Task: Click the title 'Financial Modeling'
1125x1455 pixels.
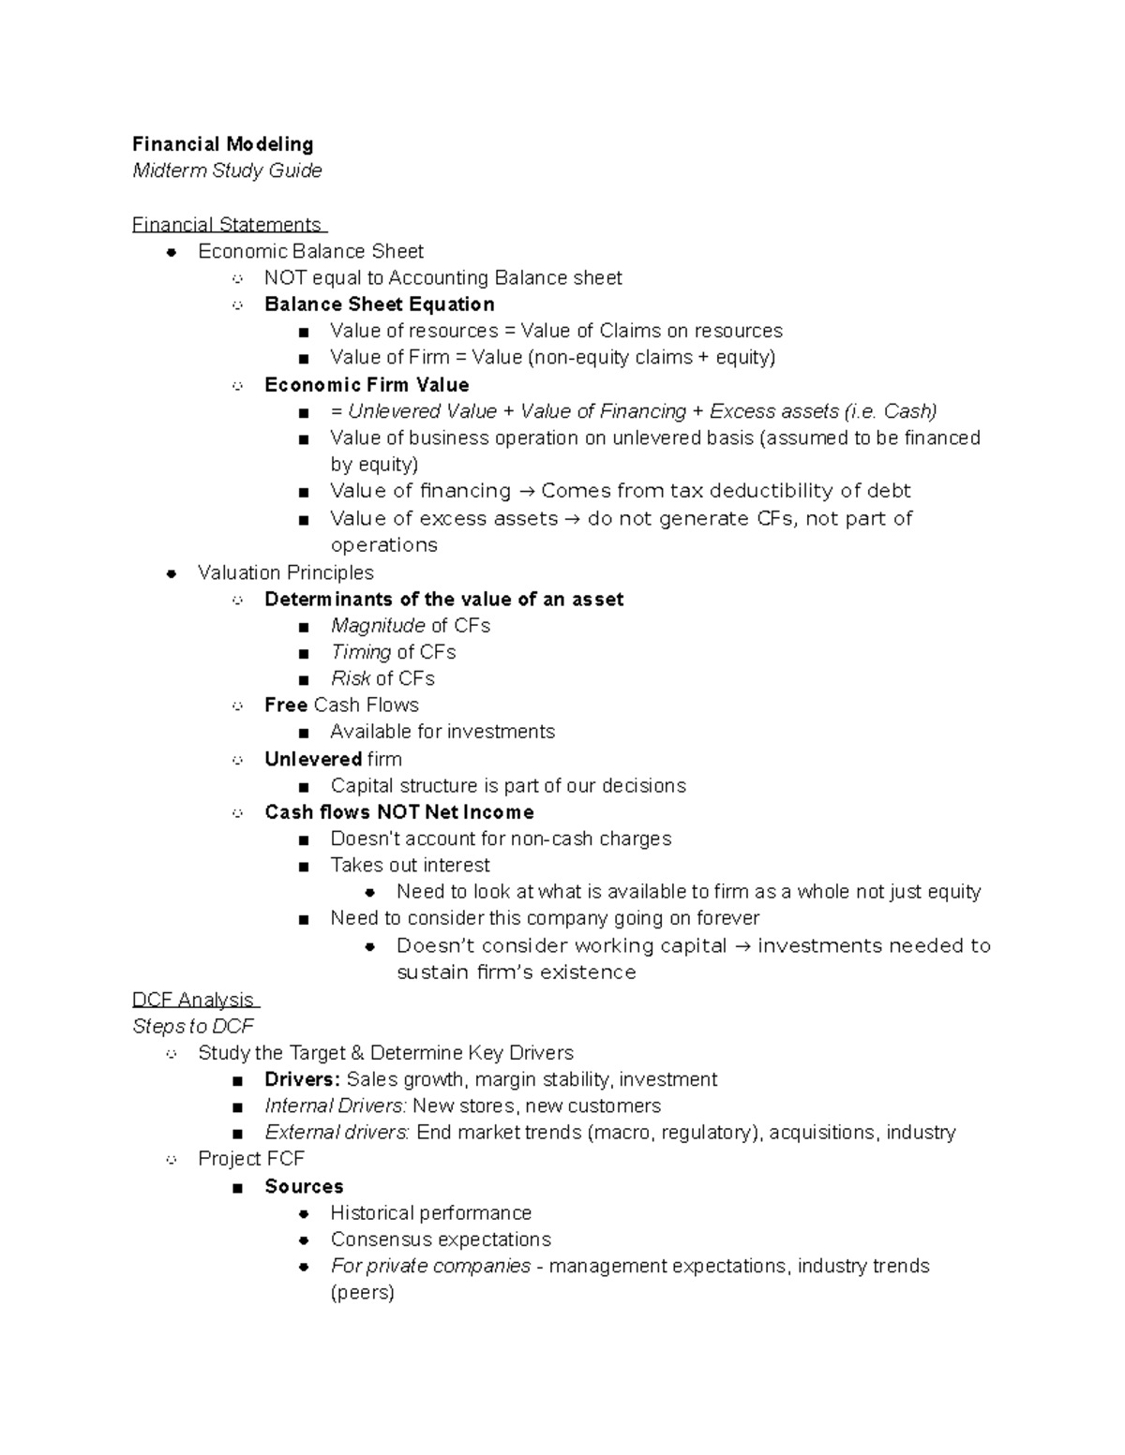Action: coord(222,144)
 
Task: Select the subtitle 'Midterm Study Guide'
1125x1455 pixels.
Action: coord(227,171)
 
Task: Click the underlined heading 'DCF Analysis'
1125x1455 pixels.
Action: coord(193,1000)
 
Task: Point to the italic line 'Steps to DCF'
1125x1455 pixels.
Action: coord(193,1026)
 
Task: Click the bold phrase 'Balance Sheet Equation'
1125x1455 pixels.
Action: coord(379,304)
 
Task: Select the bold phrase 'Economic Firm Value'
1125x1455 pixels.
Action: coord(367,385)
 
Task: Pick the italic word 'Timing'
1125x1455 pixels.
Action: coord(361,652)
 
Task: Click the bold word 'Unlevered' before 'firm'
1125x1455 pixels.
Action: coord(313,759)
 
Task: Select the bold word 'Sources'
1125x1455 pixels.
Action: coord(304,1186)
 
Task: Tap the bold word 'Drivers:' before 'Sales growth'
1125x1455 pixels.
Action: coord(302,1079)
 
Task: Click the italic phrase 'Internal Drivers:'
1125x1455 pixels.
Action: coord(336,1106)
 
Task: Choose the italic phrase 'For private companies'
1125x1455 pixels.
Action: coord(430,1266)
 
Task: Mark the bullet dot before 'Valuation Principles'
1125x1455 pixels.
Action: coord(171,573)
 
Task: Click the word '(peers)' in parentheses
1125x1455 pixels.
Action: coord(362,1293)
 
